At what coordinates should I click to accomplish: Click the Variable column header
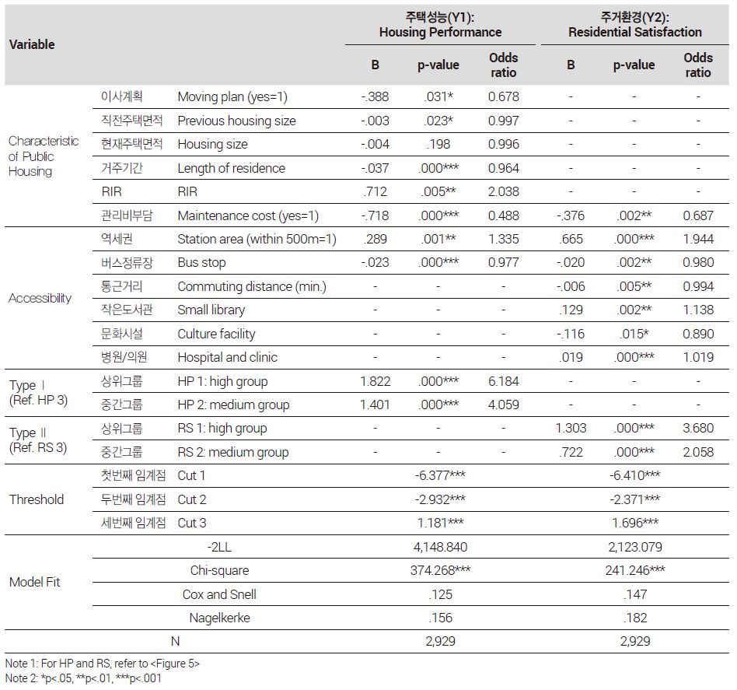[32, 44]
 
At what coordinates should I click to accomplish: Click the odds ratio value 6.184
[504, 381]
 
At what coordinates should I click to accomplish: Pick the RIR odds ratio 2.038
[504, 192]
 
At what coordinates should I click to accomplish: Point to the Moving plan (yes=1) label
[232, 97]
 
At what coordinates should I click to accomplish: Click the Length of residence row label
[231, 168]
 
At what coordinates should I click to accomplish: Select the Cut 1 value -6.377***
[440, 475]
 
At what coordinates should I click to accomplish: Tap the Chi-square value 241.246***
[635, 570]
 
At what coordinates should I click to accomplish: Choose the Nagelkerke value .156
[441, 618]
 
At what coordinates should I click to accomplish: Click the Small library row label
[211, 310]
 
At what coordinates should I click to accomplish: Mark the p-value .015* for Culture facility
[634, 334]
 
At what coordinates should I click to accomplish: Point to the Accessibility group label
[40, 298]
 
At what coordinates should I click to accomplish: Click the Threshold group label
[37, 499]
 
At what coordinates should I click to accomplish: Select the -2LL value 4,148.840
[441, 547]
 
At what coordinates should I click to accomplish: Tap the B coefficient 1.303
[571, 428]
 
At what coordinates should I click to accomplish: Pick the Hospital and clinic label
[228, 358]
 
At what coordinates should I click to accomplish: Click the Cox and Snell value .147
[635, 594]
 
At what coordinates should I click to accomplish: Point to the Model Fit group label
[35, 583]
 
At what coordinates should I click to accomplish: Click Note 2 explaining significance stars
[83, 678]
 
